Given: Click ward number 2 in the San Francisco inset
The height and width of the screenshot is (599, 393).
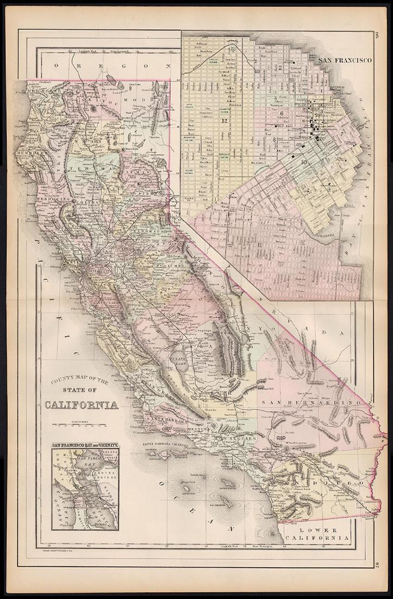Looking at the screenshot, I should [x=280, y=68].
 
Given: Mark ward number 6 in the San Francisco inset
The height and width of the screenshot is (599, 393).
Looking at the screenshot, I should [x=283, y=113].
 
